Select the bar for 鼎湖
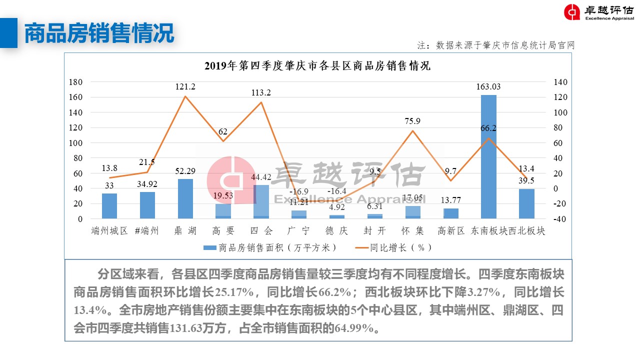185,198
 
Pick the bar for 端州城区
109,206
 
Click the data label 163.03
488,87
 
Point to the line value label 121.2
185,87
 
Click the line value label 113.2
261,92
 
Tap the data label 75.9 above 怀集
412,121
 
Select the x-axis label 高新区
450,231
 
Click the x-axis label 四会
261,231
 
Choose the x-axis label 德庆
336,231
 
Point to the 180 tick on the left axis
76,82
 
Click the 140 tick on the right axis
560,82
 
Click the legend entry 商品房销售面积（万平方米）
270,247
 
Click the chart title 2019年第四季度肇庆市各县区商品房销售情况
317,66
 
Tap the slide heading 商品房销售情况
99,33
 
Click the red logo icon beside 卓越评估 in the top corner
572,12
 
